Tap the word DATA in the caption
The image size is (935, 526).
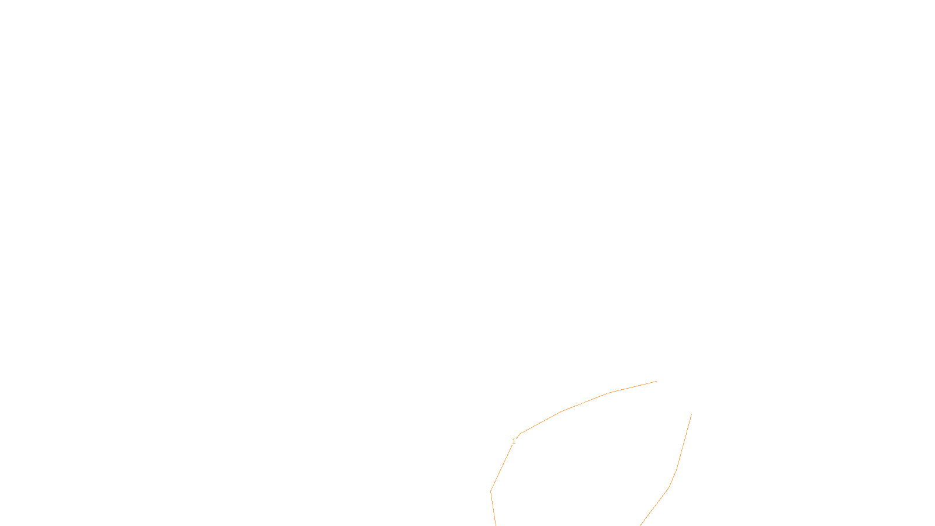coord(494,517)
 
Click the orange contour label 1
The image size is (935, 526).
coord(514,441)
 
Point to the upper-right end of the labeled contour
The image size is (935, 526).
coord(656,381)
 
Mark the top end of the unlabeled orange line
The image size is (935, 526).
coord(691,414)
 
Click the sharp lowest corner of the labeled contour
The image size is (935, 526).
coord(491,491)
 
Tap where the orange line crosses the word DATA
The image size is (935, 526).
coord(494,516)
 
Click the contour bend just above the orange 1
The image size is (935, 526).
coord(520,434)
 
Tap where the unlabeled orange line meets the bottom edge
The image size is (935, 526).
coord(640,525)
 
